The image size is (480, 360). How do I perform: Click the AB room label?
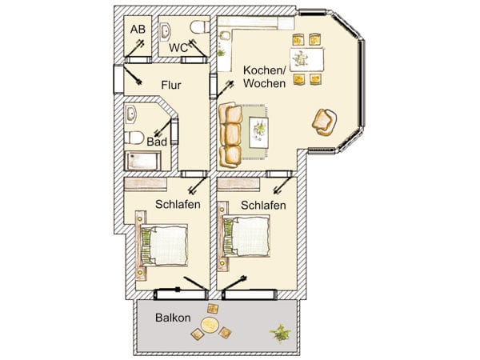(x=138, y=30)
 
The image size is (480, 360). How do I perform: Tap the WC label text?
(x=178, y=48)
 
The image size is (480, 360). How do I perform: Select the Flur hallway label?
(x=171, y=85)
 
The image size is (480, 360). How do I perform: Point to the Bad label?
(x=157, y=142)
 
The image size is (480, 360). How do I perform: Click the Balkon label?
(x=173, y=318)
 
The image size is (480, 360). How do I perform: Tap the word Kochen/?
(x=265, y=70)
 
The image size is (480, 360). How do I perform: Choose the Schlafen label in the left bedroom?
(x=178, y=204)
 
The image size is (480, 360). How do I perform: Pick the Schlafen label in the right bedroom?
(x=263, y=205)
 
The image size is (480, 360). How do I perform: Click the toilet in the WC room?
(x=199, y=27)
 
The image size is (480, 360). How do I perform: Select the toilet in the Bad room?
(x=134, y=138)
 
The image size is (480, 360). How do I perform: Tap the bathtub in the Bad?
(x=142, y=161)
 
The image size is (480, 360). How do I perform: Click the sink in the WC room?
(x=166, y=32)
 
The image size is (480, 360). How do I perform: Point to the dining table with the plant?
(x=306, y=59)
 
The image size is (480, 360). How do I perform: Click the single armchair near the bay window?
(x=324, y=122)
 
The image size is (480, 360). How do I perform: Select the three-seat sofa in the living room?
(x=230, y=135)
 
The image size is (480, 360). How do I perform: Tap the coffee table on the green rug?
(x=258, y=132)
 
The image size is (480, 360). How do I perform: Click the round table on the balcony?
(x=210, y=325)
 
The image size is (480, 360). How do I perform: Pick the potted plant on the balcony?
(x=280, y=333)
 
